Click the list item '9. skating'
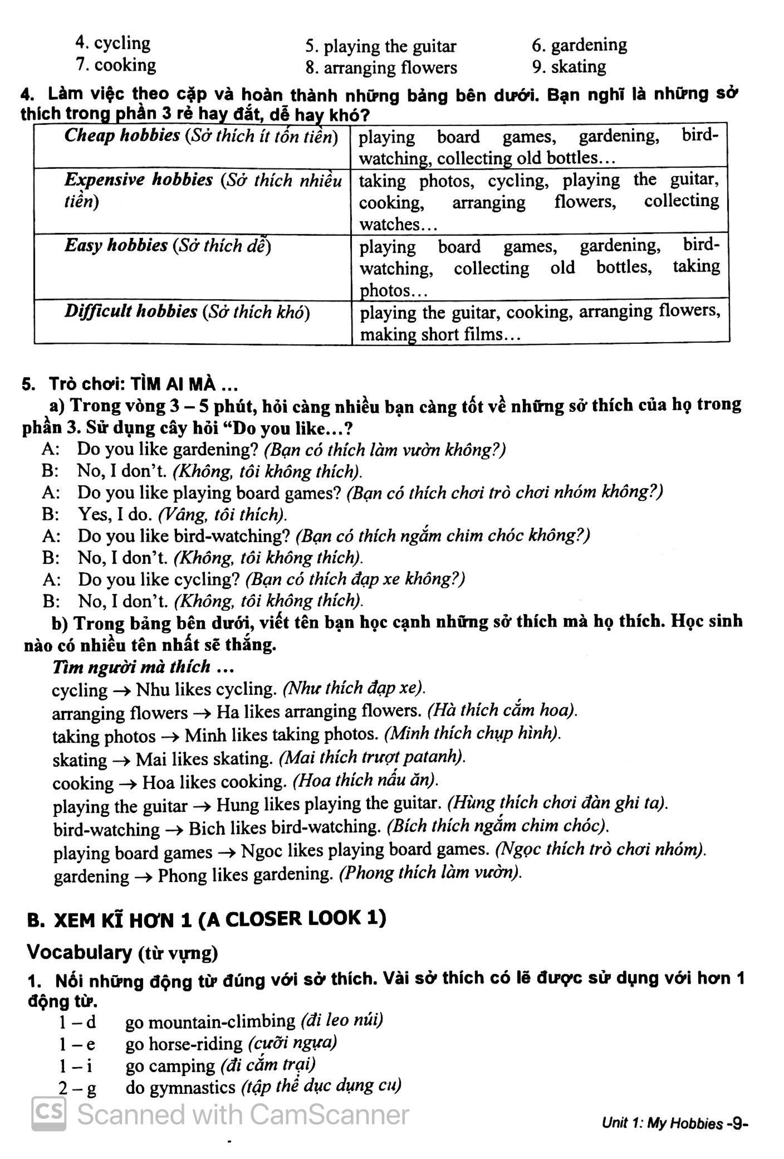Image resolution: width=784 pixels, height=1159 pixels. (x=569, y=67)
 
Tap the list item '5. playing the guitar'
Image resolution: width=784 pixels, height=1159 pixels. (x=381, y=46)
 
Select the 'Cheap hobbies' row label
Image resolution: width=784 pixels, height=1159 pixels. (x=122, y=135)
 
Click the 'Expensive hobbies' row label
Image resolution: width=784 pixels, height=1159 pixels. (x=139, y=180)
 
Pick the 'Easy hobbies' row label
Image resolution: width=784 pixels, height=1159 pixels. (x=116, y=245)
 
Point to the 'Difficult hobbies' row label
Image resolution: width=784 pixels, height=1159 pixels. (x=130, y=311)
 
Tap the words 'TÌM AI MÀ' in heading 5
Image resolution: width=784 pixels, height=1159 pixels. (x=179, y=384)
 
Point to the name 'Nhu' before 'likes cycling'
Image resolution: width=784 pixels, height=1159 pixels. (x=152, y=689)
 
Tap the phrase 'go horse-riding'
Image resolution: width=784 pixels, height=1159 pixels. (x=184, y=1044)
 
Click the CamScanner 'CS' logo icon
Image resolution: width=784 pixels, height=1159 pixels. (x=49, y=1114)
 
